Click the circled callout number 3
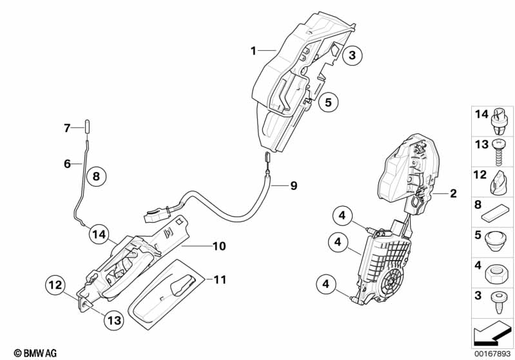click(352, 55)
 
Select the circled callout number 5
click(328, 102)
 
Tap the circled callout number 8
click(96, 176)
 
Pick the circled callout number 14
click(99, 234)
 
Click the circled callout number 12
click(55, 285)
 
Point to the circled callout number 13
click(114, 320)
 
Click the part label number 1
click(253, 51)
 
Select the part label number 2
click(453, 193)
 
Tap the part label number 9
click(294, 185)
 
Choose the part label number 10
click(219, 246)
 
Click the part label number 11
click(220, 279)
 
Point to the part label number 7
click(67, 128)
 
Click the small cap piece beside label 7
click(88, 127)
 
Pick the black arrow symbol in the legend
click(492, 334)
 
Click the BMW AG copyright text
click(35, 353)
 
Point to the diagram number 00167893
click(492, 354)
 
